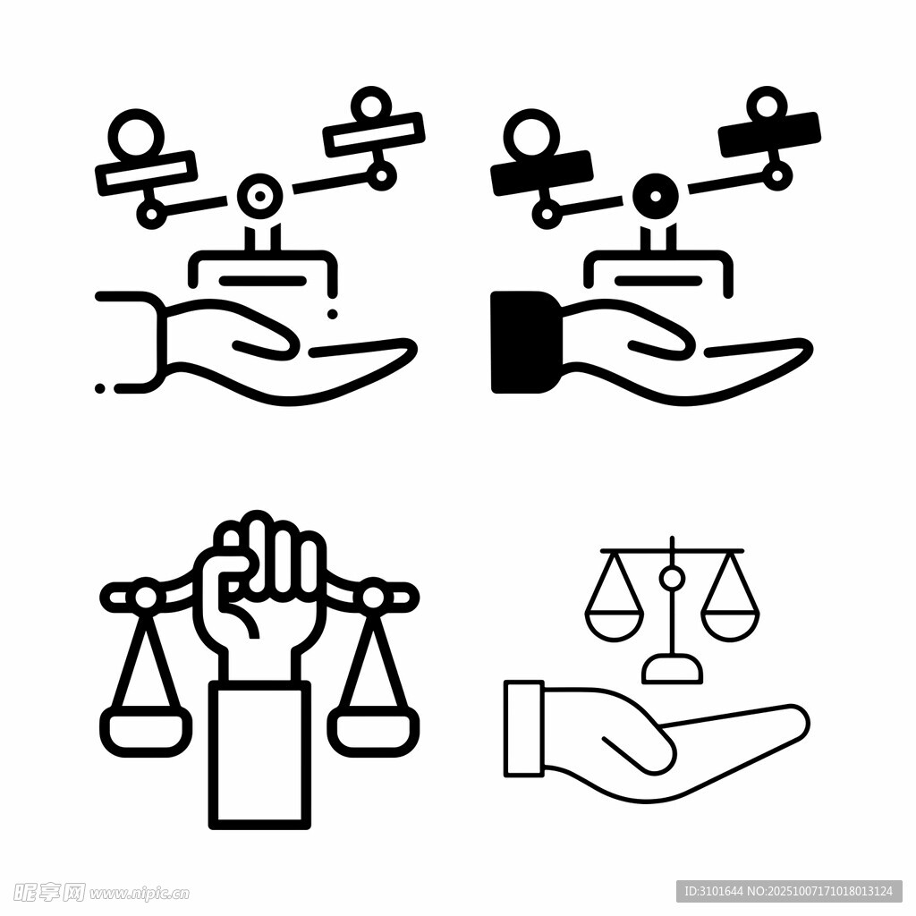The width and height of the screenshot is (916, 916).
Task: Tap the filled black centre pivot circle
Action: coord(656,196)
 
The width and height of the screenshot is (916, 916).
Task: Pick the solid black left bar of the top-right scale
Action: coord(542,173)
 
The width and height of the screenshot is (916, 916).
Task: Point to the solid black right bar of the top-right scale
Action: coord(769,134)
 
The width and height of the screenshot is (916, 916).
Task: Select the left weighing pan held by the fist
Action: coord(146,730)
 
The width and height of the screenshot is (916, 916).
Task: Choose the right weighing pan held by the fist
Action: coord(374,730)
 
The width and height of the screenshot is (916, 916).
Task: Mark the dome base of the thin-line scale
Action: coord(672,669)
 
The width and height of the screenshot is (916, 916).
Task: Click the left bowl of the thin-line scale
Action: coord(615,627)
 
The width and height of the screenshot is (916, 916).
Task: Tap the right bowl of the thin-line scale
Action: coord(730,627)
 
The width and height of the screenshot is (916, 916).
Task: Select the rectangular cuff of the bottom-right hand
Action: coord(524,728)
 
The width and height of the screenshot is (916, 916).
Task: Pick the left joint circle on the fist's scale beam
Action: coord(146,597)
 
